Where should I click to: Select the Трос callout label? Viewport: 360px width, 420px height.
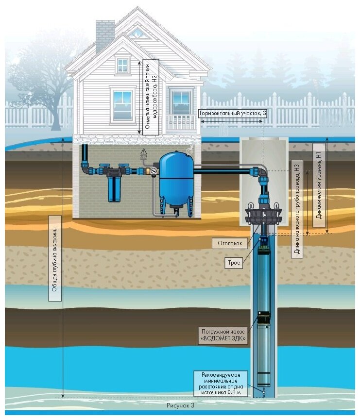[x=234, y=264]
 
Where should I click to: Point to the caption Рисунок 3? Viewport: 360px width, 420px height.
[x=180, y=404]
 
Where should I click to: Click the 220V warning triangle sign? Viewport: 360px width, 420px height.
[x=143, y=152]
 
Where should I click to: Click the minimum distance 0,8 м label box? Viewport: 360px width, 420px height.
[x=221, y=383]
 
